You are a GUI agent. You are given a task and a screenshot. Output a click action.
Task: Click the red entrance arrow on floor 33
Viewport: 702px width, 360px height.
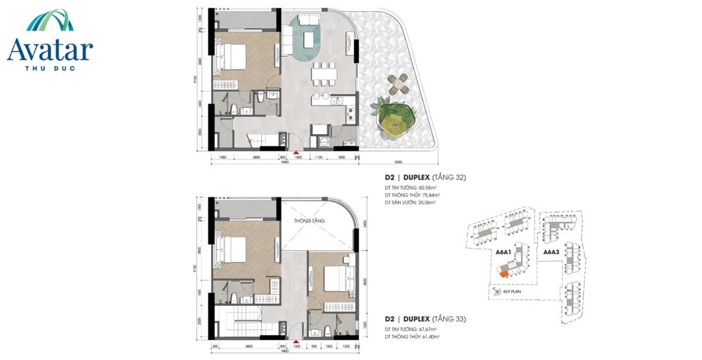coord(296,341)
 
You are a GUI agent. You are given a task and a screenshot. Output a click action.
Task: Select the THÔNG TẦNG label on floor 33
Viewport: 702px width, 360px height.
coord(308,221)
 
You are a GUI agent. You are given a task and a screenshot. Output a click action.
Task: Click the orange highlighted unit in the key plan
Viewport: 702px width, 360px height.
coord(503,272)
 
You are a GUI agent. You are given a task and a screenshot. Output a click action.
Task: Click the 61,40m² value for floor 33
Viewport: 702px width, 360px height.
coord(428,337)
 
